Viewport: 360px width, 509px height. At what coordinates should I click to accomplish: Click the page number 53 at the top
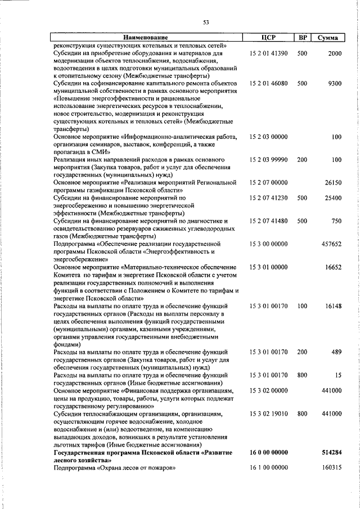(206, 22)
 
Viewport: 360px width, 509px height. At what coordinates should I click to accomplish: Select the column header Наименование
(146, 38)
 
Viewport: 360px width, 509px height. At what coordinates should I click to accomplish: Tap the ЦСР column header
(268, 38)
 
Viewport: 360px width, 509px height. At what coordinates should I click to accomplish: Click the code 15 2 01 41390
(268, 52)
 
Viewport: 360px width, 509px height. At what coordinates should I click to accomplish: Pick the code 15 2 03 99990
(268, 160)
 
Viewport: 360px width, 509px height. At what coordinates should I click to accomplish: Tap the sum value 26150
(332, 183)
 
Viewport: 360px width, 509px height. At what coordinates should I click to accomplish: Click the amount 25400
(332, 198)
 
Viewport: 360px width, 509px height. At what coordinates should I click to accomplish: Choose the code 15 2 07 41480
(268, 221)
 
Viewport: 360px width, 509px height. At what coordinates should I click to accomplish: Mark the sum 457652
(330, 244)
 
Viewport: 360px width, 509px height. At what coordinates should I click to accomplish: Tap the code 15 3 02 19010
(268, 413)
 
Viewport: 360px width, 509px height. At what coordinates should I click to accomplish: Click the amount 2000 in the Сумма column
(334, 52)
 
